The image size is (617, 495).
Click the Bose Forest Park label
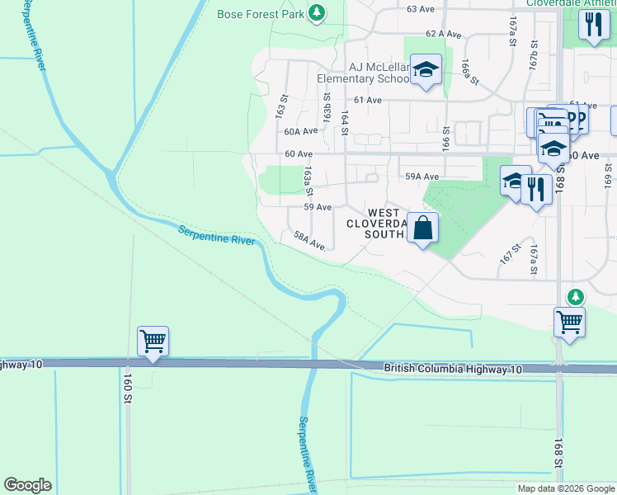point(261,14)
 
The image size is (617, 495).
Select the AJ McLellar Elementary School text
point(363,73)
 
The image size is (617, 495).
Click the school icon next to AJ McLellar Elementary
point(426,70)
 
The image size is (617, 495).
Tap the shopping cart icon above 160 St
point(153,340)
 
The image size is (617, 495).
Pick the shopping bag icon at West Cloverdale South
point(422,229)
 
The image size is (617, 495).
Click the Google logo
point(27,485)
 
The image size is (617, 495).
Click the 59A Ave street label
point(422,177)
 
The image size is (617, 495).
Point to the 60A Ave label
point(300,131)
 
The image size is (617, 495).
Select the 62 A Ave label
point(442,34)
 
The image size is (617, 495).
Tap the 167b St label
point(534,54)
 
